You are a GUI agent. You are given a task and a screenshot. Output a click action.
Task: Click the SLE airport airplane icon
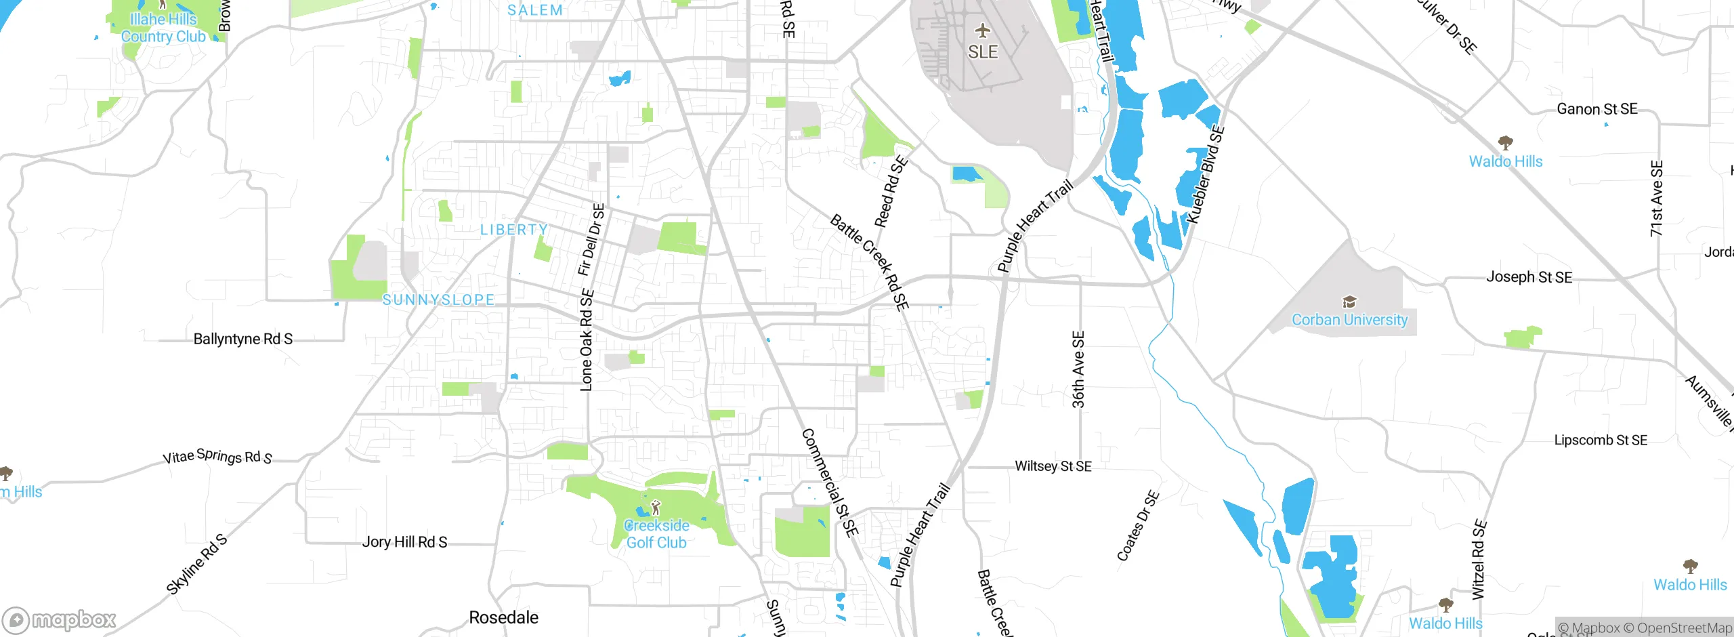tap(982, 31)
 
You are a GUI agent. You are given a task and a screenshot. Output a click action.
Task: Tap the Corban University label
tap(1349, 320)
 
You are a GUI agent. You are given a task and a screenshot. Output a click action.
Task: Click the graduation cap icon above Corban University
tap(1349, 302)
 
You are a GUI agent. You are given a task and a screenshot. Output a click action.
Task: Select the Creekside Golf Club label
tap(656, 534)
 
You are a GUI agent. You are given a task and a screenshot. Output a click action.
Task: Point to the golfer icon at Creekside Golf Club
tap(655, 508)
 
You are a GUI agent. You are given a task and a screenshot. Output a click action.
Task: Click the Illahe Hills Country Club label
tap(163, 28)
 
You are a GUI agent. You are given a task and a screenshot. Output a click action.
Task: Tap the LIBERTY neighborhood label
tap(514, 230)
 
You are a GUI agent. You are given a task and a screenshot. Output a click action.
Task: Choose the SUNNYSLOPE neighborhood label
tap(438, 300)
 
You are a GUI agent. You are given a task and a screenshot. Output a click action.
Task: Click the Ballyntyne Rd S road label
tap(242, 339)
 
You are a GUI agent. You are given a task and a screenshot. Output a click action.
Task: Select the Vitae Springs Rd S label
tap(217, 457)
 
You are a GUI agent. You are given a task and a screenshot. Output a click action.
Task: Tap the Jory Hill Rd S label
tap(404, 542)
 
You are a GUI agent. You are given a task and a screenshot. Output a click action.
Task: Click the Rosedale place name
tap(503, 617)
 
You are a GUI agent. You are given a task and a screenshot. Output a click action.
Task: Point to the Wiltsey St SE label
tap(1053, 466)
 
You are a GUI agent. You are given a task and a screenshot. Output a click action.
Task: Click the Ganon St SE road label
tap(1596, 109)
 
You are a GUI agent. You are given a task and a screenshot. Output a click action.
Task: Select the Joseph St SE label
tap(1529, 277)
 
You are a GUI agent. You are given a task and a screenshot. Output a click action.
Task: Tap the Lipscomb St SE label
tap(1600, 440)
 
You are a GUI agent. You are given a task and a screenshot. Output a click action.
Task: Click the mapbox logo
tap(60, 620)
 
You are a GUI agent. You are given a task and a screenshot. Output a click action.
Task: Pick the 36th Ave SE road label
tap(1078, 369)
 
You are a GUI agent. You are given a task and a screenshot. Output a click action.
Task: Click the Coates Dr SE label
tap(1137, 526)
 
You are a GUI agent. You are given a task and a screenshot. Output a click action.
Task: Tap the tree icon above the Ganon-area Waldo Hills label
tap(1505, 142)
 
